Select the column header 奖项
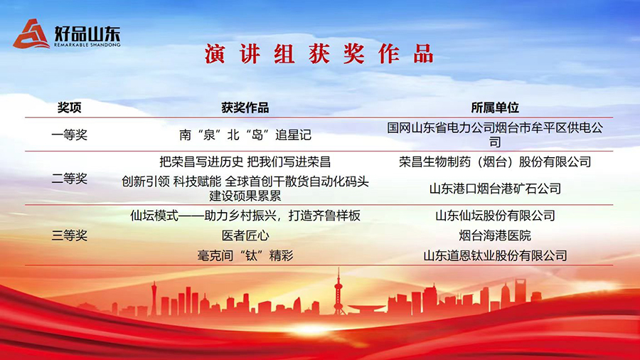70,107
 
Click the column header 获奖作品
245,107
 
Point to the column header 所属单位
495,107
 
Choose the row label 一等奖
70,134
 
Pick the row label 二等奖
70,179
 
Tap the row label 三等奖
70,235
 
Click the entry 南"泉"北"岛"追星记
245,134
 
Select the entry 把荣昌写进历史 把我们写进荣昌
245,162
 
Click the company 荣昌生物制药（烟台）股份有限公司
495,162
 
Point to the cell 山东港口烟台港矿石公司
495,189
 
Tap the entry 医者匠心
245,235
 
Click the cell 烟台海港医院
495,235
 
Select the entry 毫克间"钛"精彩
245,255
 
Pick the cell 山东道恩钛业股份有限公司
495,255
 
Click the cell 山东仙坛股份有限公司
495,215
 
